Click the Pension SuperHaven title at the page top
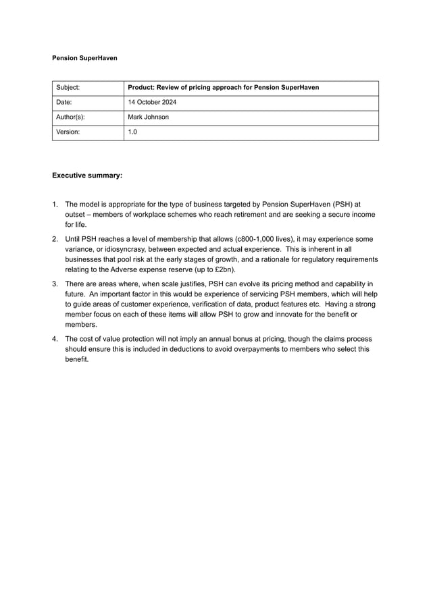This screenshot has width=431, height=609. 84,58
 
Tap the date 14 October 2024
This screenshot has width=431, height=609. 152,103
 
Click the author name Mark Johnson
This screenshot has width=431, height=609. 148,117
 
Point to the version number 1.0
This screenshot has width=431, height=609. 132,132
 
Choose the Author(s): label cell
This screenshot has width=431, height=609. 71,117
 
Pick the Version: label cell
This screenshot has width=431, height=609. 68,132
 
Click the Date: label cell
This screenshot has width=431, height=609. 66,103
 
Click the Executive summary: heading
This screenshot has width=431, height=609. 87,176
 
